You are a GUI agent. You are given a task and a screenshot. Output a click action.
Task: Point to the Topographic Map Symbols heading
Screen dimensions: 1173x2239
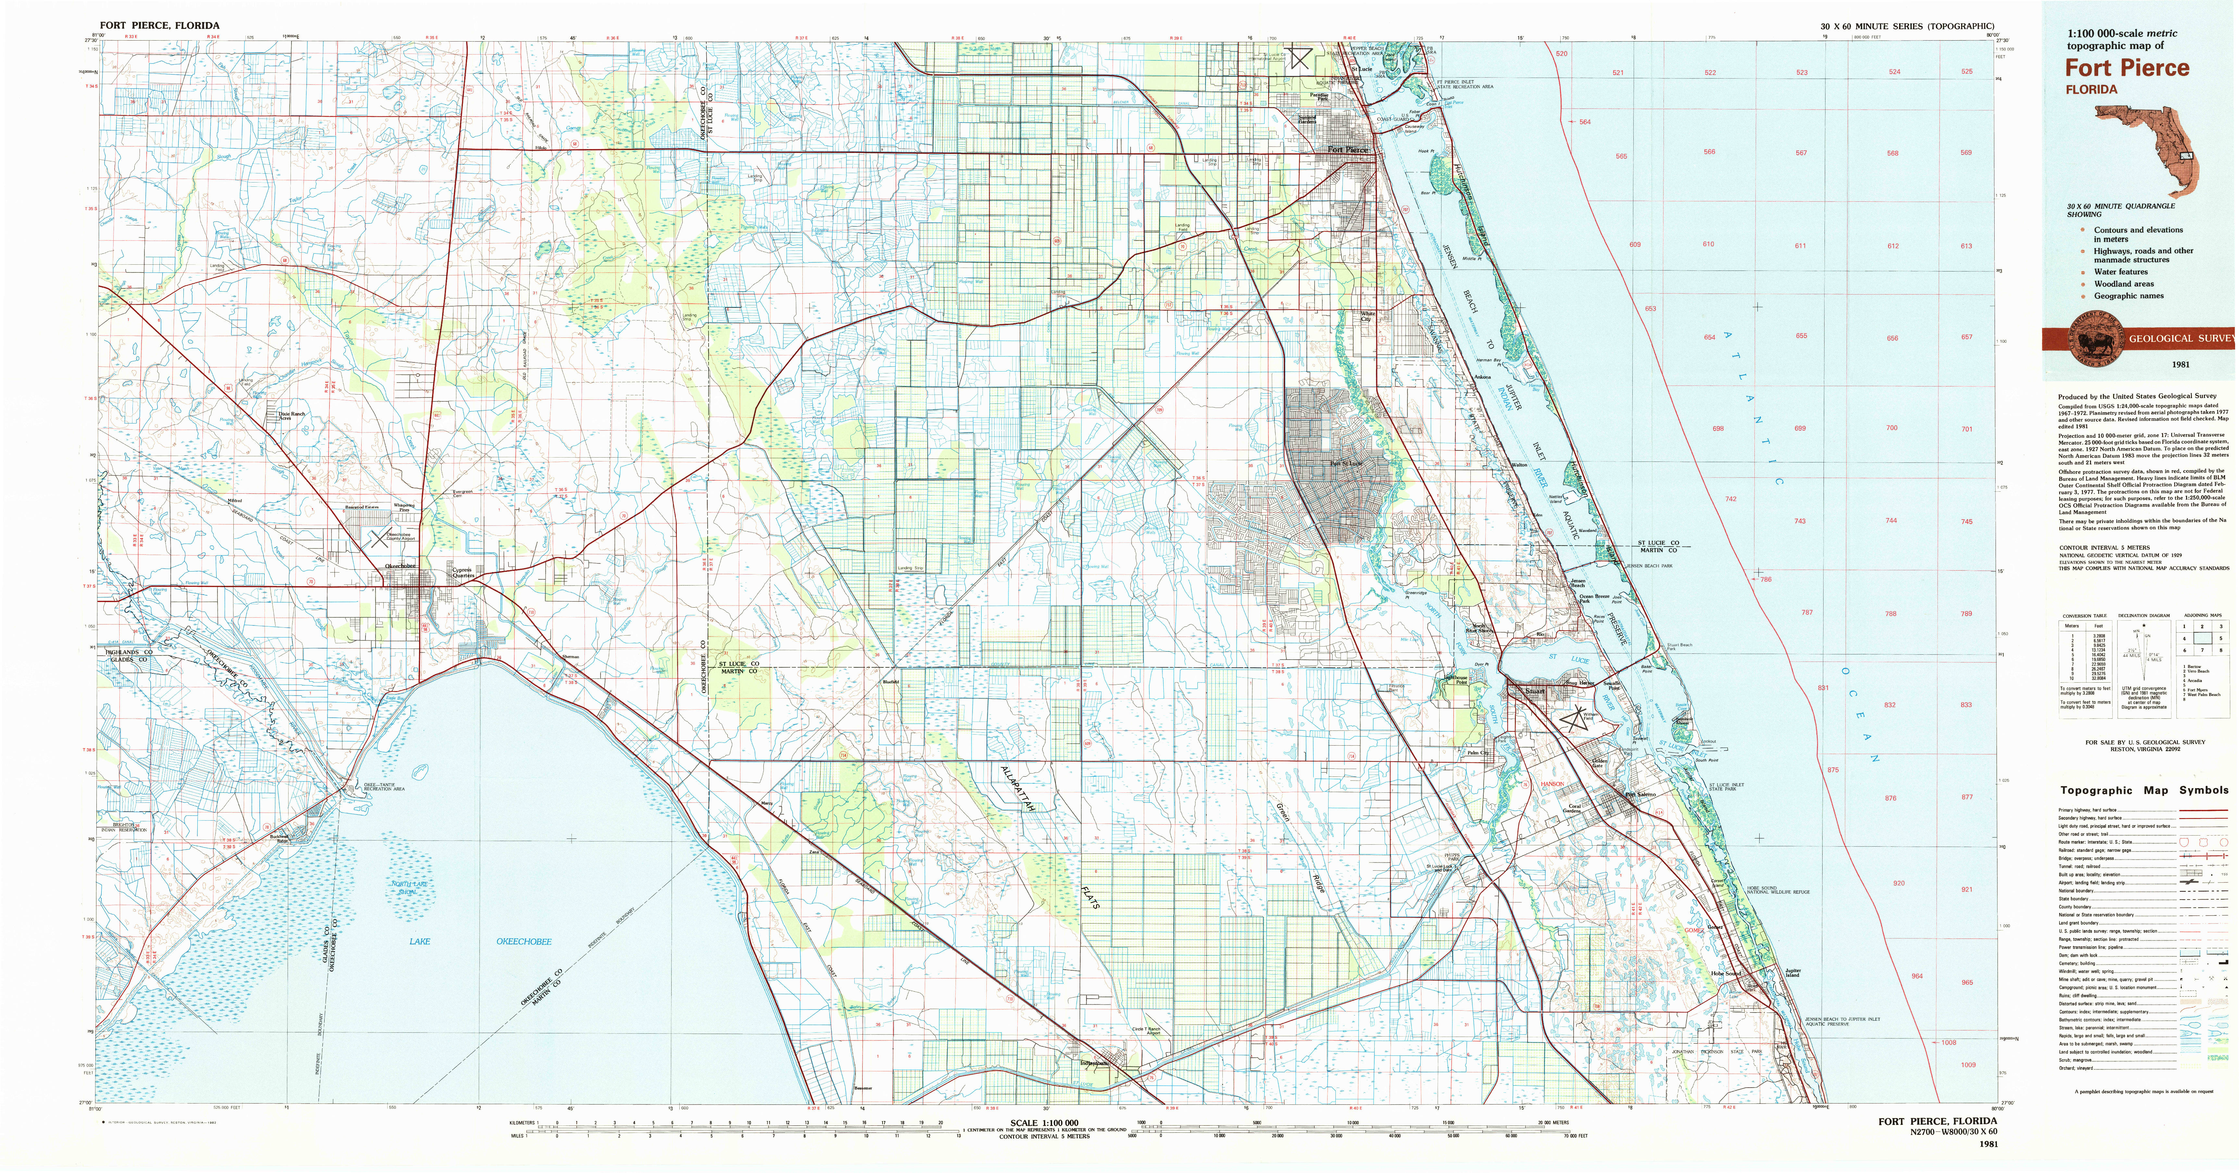coord(2143,790)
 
